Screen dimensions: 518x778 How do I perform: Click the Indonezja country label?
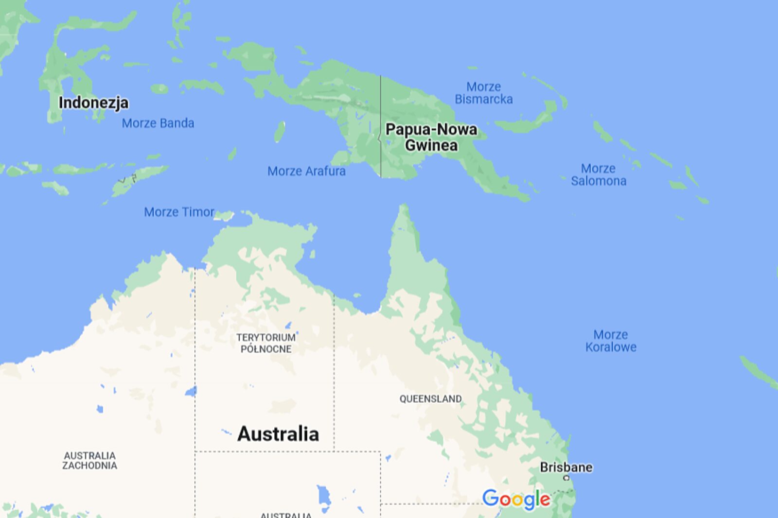(x=93, y=103)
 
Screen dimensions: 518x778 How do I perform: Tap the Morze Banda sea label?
(x=158, y=123)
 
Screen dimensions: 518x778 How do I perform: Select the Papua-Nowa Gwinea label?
(x=431, y=137)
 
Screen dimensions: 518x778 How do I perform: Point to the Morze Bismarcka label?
(x=483, y=93)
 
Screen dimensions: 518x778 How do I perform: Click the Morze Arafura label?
(x=306, y=171)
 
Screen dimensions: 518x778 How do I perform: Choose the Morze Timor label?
(x=179, y=212)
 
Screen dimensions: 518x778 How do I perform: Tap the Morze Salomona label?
(x=599, y=174)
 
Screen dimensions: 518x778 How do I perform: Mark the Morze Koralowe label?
(x=611, y=341)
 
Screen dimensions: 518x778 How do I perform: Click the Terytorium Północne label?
(x=266, y=343)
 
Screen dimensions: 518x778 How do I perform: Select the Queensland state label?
(x=430, y=399)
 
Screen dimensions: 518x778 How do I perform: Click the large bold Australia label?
(x=278, y=433)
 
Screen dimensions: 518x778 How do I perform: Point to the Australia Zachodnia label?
(x=90, y=460)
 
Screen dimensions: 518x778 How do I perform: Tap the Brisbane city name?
(x=566, y=467)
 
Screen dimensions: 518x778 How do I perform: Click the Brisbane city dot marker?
(x=566, y=478)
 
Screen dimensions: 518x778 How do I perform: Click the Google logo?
(x=516, y=499)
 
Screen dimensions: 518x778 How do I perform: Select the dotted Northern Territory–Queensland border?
(x=334, y=369)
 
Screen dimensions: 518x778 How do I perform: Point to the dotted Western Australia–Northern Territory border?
(x=195, y=340)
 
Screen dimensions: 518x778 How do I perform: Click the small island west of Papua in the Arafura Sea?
(x=280, y=131)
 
